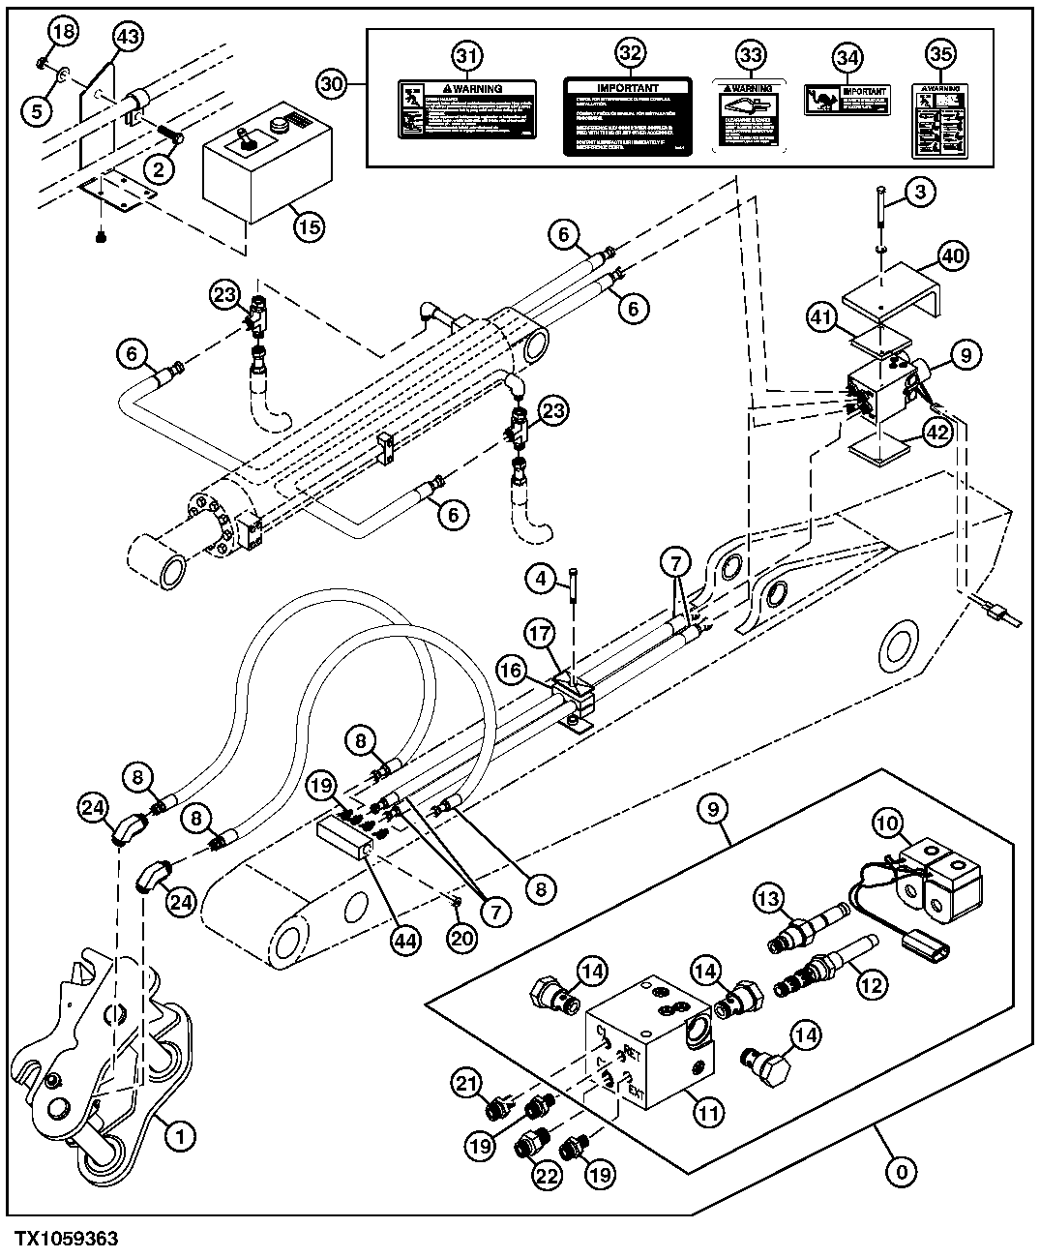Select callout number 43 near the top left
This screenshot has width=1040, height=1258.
[128, 37]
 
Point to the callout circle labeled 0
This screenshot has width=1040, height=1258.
[901, 1173]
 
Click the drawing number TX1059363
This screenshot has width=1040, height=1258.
[66, 1239]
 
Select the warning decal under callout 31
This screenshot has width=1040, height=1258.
[467, 119]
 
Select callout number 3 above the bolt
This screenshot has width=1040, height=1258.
[920, 193]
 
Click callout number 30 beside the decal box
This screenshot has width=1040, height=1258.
[333, 84]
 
